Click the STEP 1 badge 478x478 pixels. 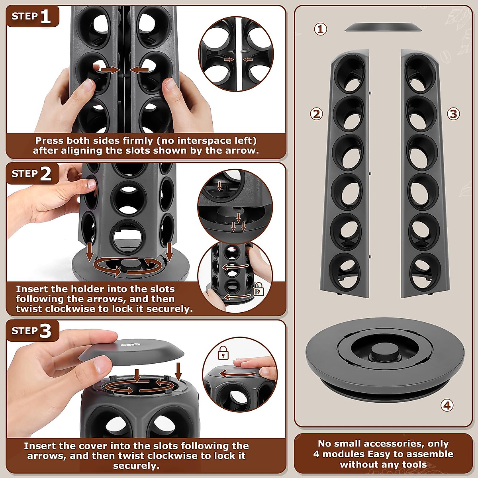pyautogui.click(x=32, y=16)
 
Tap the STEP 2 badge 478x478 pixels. pyautogui.click(x=32, y=174)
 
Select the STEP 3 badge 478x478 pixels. pyautogui.click(x=32, y=331)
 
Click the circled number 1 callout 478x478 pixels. pyautogui.click(x=321, y=29)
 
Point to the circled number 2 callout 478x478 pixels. pyautogui.click(x=317, y=114)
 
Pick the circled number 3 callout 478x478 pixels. pyautogui.click(x=453, y=114)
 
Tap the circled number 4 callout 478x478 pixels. pyautogui.click(x=447, y=406)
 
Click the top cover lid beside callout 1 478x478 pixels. pyautogui.click(x=383, y=27)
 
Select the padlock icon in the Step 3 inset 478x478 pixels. pyautogui.click(x=223, y=352)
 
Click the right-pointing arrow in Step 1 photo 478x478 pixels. pyautogui.click(x=110, y=70)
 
